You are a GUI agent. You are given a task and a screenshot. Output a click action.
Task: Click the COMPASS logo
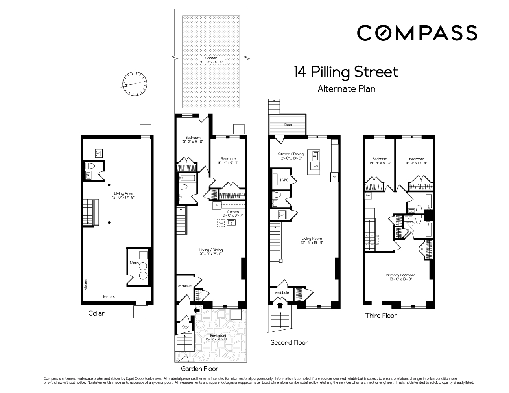pyautogui.click(x=417, y=32)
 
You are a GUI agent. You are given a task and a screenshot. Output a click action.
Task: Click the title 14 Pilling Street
pyautogui.click(x=346, y=72)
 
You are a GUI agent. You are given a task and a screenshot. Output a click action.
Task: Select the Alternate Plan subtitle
pyautogui.click(x=346, y=89)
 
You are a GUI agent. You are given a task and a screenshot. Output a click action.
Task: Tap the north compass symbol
pyautogui.click(x=135, y=84)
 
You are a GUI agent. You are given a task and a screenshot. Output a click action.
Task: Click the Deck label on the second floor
pyautogui.click(x=288, y=125)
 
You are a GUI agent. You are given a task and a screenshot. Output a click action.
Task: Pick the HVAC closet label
pyautogui.click(x=284, y=180)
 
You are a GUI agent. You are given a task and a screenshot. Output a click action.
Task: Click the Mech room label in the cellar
pyautogui.click(x=133, y=263)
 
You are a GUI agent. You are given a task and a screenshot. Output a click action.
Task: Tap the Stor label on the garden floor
pyautogui.click(x=186, y=327)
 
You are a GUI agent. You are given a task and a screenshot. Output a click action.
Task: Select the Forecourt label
pyautogui.click(x=218, y=337)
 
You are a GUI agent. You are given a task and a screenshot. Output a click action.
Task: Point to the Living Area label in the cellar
pyautogui.click(x=123, y=195)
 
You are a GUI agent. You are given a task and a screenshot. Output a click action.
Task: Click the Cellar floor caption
pyautogui.click(x=96, y=314)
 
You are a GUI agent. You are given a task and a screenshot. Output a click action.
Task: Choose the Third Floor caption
pyautogui.click(x=381, y=315)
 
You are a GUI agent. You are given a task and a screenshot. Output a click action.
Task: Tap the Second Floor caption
pyautogui.click(x=289, y=342)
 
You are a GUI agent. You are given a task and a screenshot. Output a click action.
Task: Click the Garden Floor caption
pyautogui.click(x=199, y=369)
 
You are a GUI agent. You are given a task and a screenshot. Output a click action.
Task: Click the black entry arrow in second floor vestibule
pyautogui.click(x=280, y=304)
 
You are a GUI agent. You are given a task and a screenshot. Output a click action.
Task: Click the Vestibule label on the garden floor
pyautogui.click(x=184, y=286)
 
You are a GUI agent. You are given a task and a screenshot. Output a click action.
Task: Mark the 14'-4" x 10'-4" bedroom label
pyautogui.click(x=416, y=161)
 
